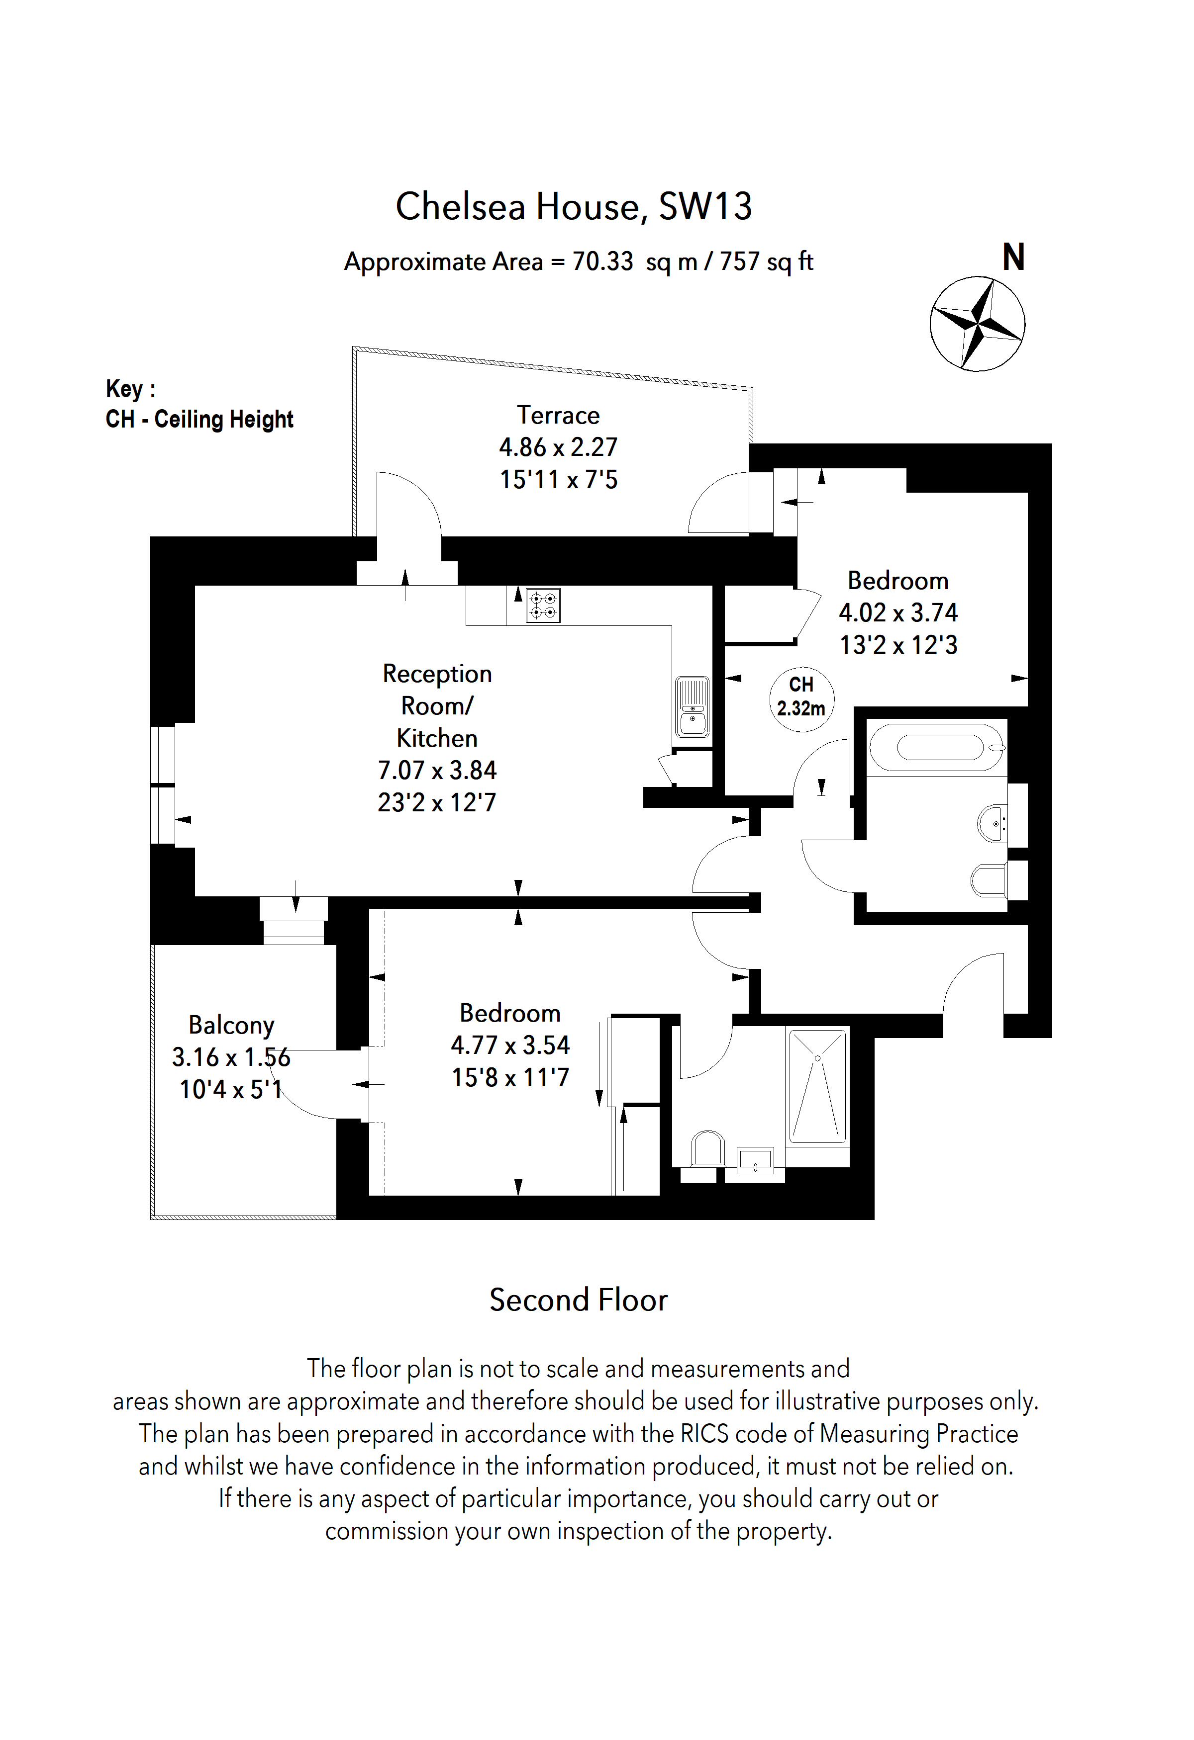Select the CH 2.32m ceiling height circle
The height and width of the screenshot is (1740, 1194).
801,698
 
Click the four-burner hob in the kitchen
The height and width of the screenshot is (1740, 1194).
543,606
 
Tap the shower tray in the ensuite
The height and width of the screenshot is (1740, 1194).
817,1086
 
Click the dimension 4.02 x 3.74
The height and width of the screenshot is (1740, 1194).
897,612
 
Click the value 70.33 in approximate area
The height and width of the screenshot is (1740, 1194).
602,261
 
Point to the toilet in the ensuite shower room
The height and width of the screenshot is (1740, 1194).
707,1149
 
